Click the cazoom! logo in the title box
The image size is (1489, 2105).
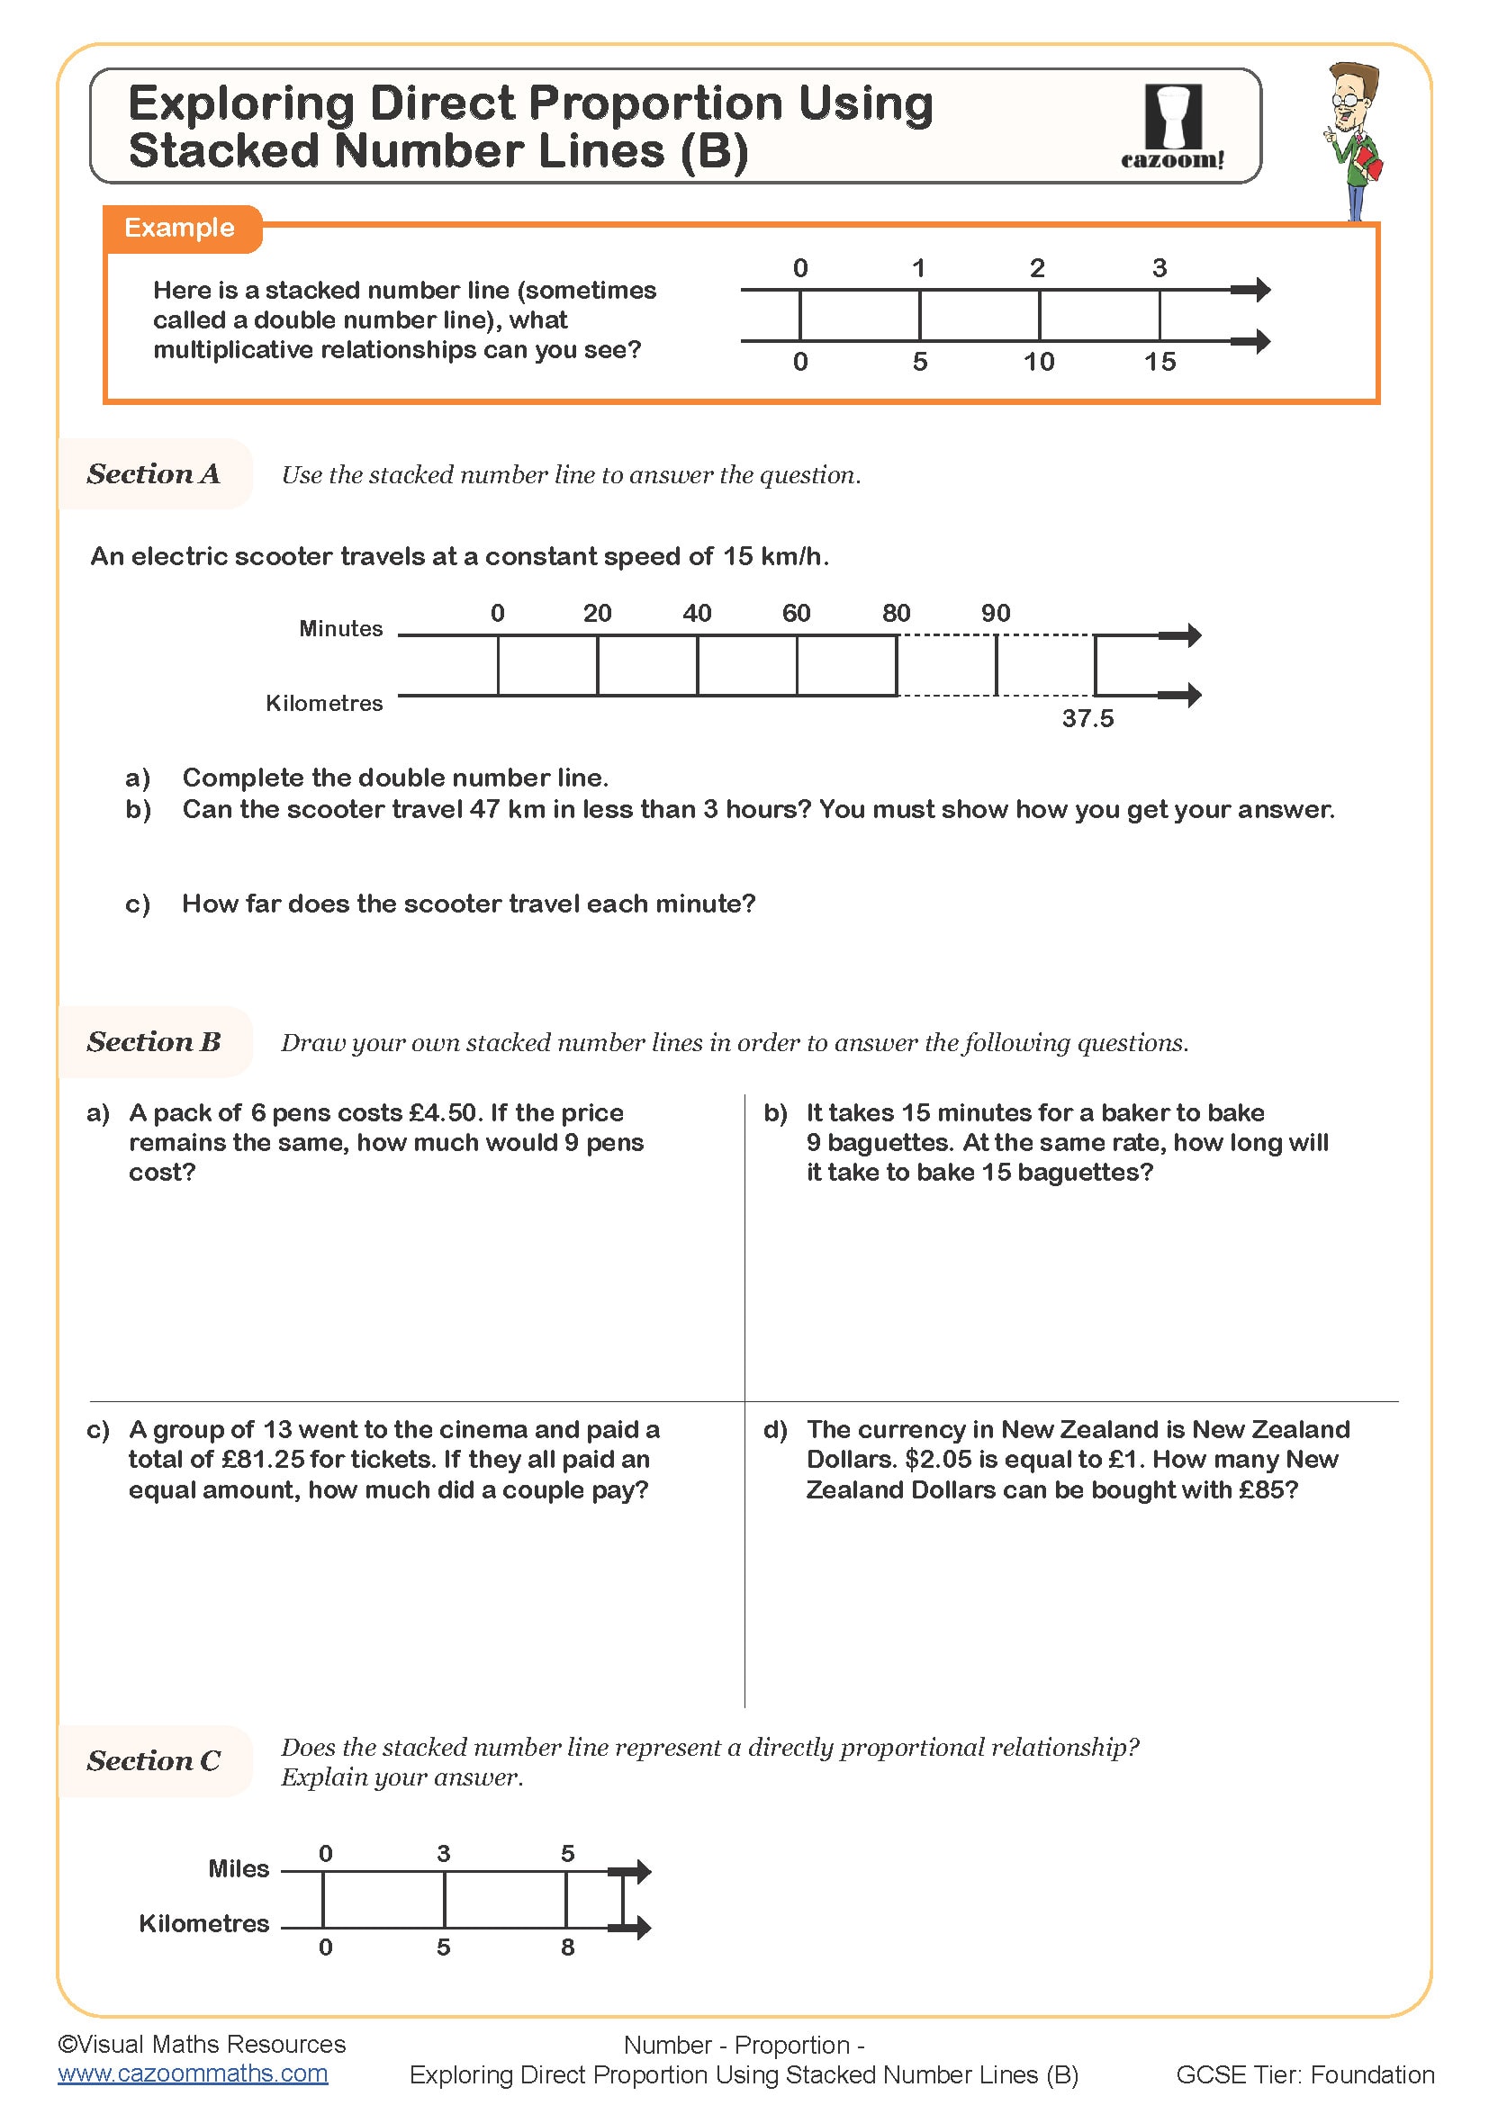point(1173,128)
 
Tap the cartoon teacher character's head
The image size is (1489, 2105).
point(1351,92)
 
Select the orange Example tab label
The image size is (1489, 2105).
point(180,228)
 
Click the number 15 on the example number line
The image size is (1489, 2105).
point(1159,362)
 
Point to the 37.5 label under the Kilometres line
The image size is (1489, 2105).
point(1087,719)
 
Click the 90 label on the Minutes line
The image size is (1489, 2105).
point(995,614)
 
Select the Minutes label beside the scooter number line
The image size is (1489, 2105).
point(340,629)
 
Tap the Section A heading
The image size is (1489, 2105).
point(153,474)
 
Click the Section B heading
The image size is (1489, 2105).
point(153,1042)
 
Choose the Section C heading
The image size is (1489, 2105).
point(153,1761)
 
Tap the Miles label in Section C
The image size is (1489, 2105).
point(239,1869)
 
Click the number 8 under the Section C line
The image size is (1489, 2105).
point(567,1948)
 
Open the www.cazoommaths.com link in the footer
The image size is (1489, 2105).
point(193,2074)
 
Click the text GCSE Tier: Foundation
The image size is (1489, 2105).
point(1304,2074)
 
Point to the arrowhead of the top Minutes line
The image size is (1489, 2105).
point(1191,635)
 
